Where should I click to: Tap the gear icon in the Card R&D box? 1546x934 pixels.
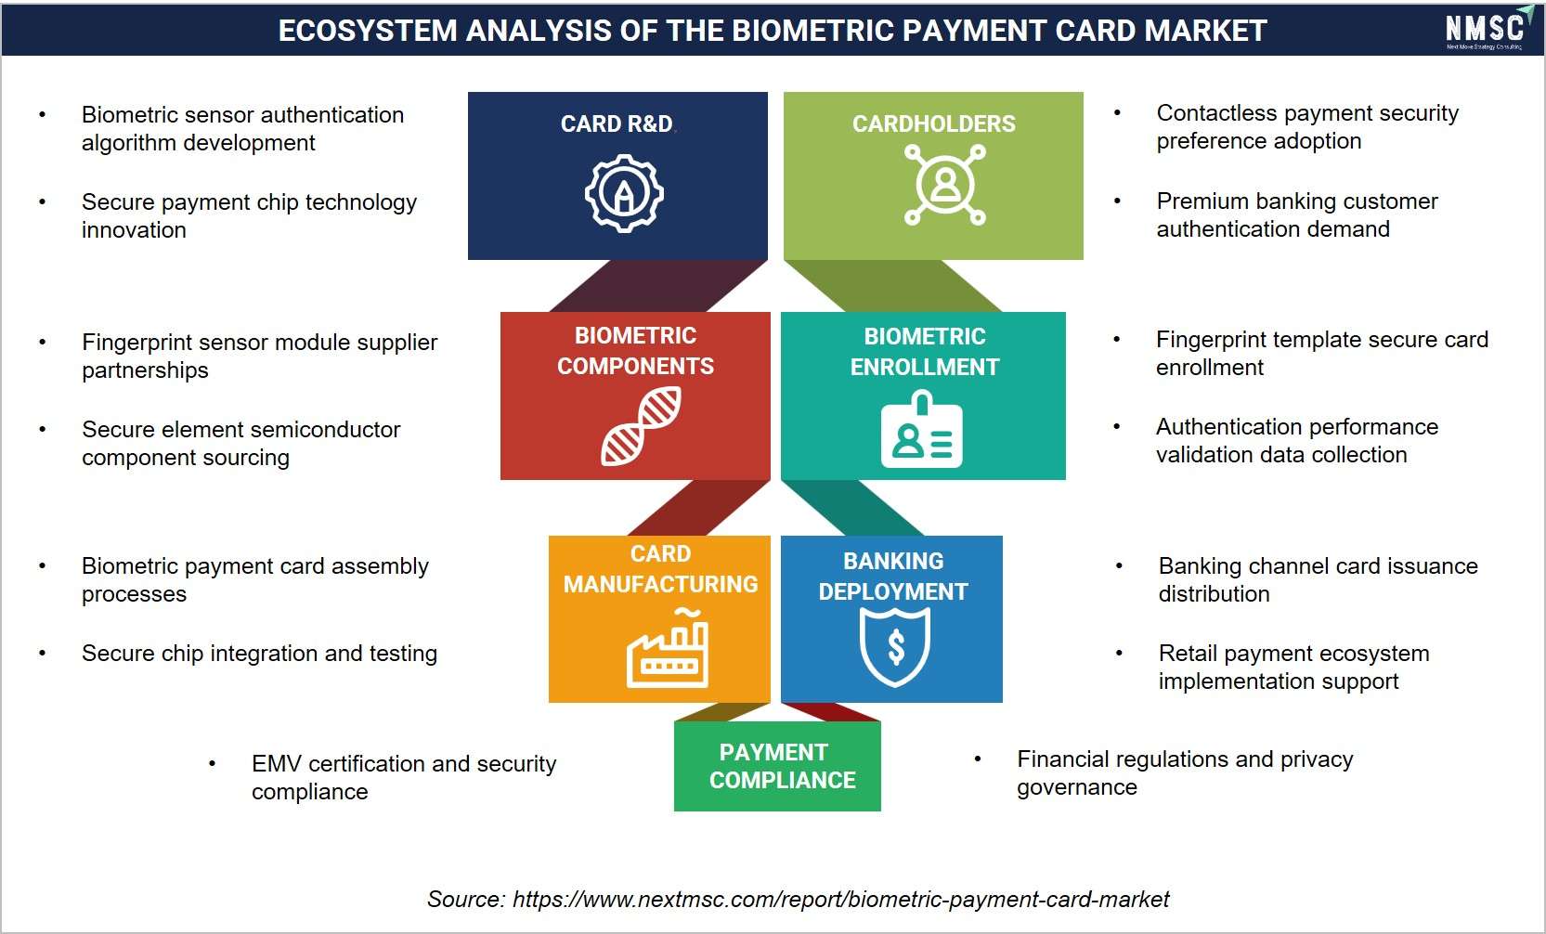click(624, 193)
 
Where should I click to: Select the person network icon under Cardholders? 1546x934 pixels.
click(945, 185)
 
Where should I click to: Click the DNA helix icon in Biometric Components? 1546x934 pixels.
click(641, 425)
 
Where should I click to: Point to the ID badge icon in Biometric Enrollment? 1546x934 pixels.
click(921, 429)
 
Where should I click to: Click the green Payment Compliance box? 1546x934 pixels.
click(777, 766)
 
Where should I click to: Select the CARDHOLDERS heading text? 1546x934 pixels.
click(934, 123)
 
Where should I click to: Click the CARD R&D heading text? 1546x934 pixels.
click(617, 123)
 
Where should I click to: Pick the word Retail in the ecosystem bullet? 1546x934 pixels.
click(1189, 653)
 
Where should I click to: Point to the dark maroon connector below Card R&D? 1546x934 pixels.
click(658, 286)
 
